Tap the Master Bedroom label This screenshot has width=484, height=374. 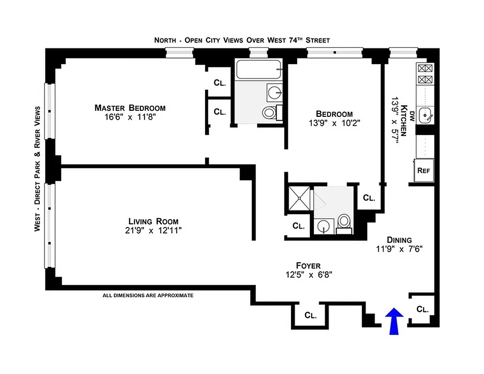coord(130,108)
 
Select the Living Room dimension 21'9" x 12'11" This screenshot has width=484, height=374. coord(153,230)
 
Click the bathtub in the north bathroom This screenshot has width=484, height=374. coord(259,70)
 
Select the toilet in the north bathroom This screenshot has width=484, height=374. coord(269,113)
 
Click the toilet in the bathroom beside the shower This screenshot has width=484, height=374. coord(344,221)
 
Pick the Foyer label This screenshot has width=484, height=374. coord(308,266)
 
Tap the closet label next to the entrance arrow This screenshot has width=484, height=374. coord(422,309)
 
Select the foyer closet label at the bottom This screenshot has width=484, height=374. coord(311,315)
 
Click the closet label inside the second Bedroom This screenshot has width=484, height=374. coord(369,198)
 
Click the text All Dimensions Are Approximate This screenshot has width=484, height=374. coord(148,295)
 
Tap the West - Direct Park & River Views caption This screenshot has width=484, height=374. coord(37,168)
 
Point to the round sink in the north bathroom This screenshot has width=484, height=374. coord(273,92)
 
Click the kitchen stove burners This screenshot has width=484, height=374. coord(425,74)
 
